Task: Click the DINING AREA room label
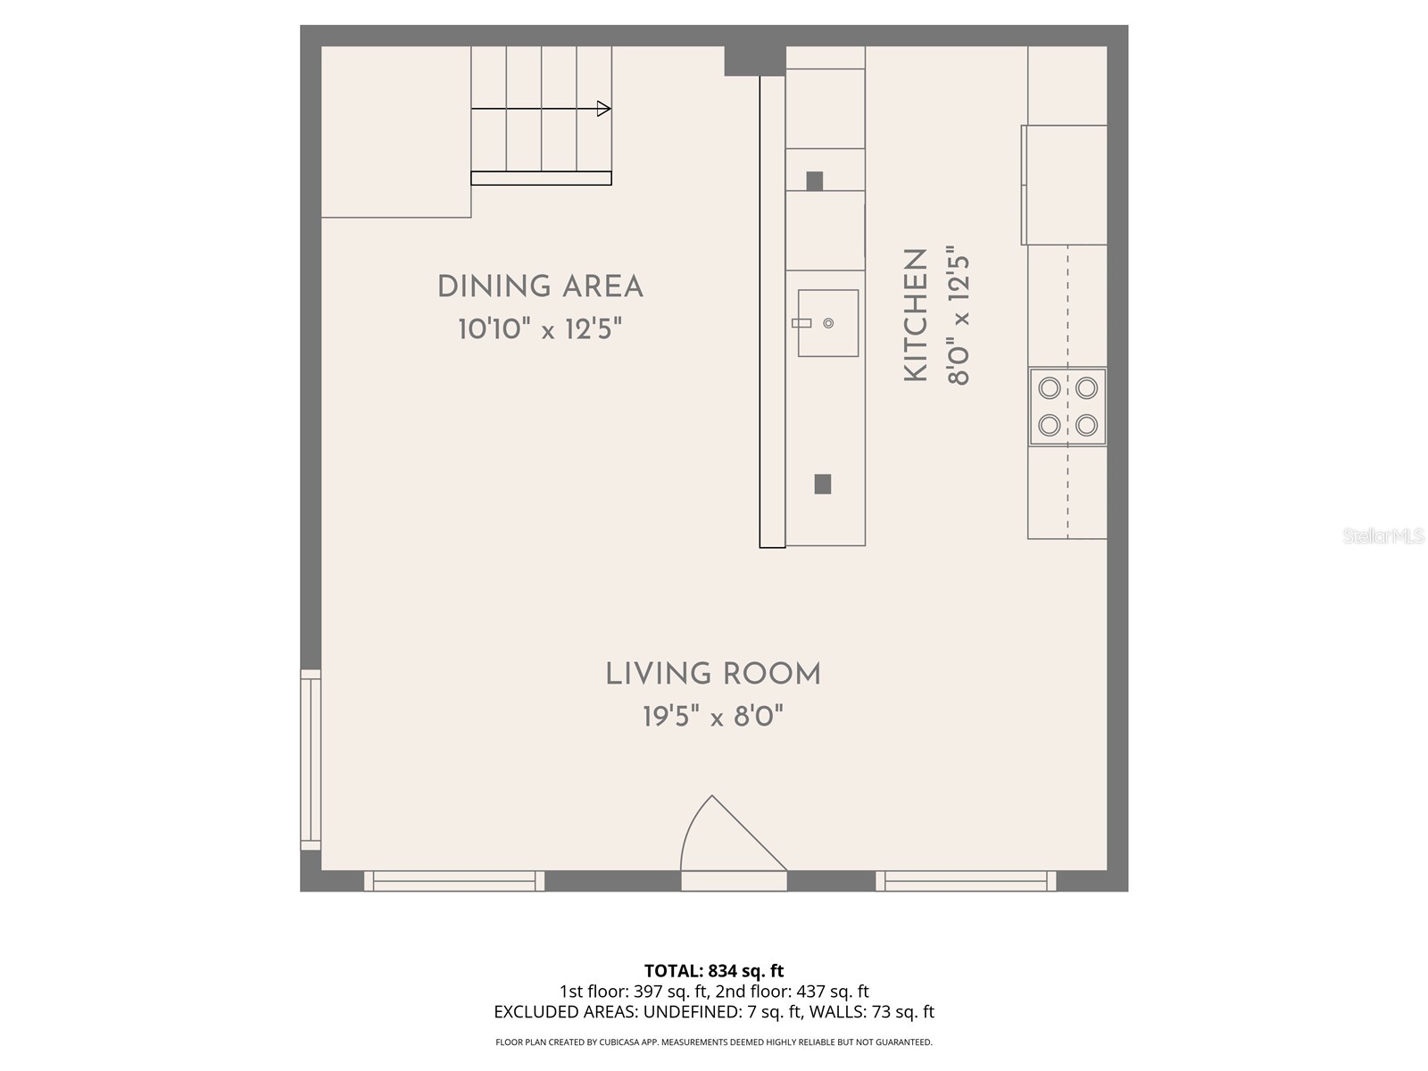click(540, 287)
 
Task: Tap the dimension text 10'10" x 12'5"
click(540, 330)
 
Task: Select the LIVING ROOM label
click(713, 675)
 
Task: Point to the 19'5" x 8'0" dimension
click(713, 716)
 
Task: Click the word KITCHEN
click(917, 315)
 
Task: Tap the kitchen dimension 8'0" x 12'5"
click(958, 315)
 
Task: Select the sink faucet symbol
click(801, 323)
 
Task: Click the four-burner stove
click(1067, 406)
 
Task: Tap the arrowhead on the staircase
click(604, 109)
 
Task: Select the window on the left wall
click(310, 760)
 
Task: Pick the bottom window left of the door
click(453, 881)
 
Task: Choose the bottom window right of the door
click(966, 881)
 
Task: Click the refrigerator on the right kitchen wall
click(1065, 185)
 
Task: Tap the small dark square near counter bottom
click(823, 484)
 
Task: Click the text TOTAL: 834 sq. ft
click(714, 970)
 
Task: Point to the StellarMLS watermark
click(1382, 536)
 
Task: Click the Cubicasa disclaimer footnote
click(714, 1042)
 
